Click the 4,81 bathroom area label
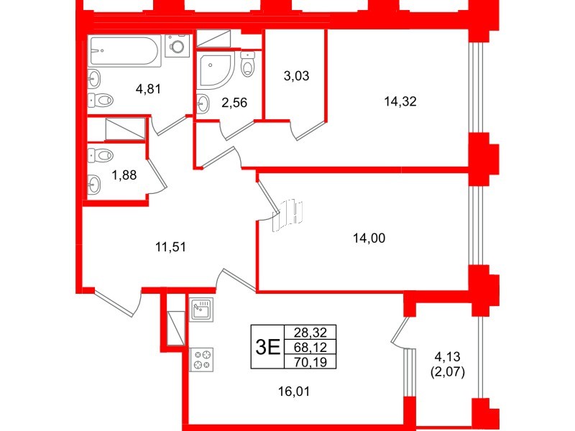tap(148, 91)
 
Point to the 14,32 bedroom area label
tap(401, 101)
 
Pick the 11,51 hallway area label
tap(171, 249)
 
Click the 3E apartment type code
tap(267, 347)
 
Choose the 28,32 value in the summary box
tap(310, 333)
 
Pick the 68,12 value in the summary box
tap(310, 347)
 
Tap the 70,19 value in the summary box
tap(310, 361)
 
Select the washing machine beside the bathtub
tap(176, 46)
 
